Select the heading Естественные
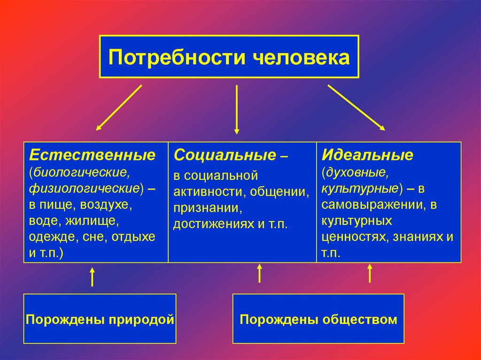pyautogui.click(x=93, y=154)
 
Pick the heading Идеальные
pyautogui.click(x=367, y=154)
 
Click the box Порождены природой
pyautogui.click(x=100, y=320)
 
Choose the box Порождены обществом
pyautogui.click(x=318, y=320)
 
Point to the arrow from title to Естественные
pyautogui.click(x=119, y=107)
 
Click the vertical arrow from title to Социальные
pyautogui.click(x=237, y=109)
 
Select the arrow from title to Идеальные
pyautogui.click(x=356, y=107)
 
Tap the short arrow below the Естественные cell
pyautogui.click(x=92, y=277)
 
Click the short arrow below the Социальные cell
pyautogui.click(x=259, y=273)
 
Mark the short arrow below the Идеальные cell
pyautogui.click(x=370, y=273)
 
